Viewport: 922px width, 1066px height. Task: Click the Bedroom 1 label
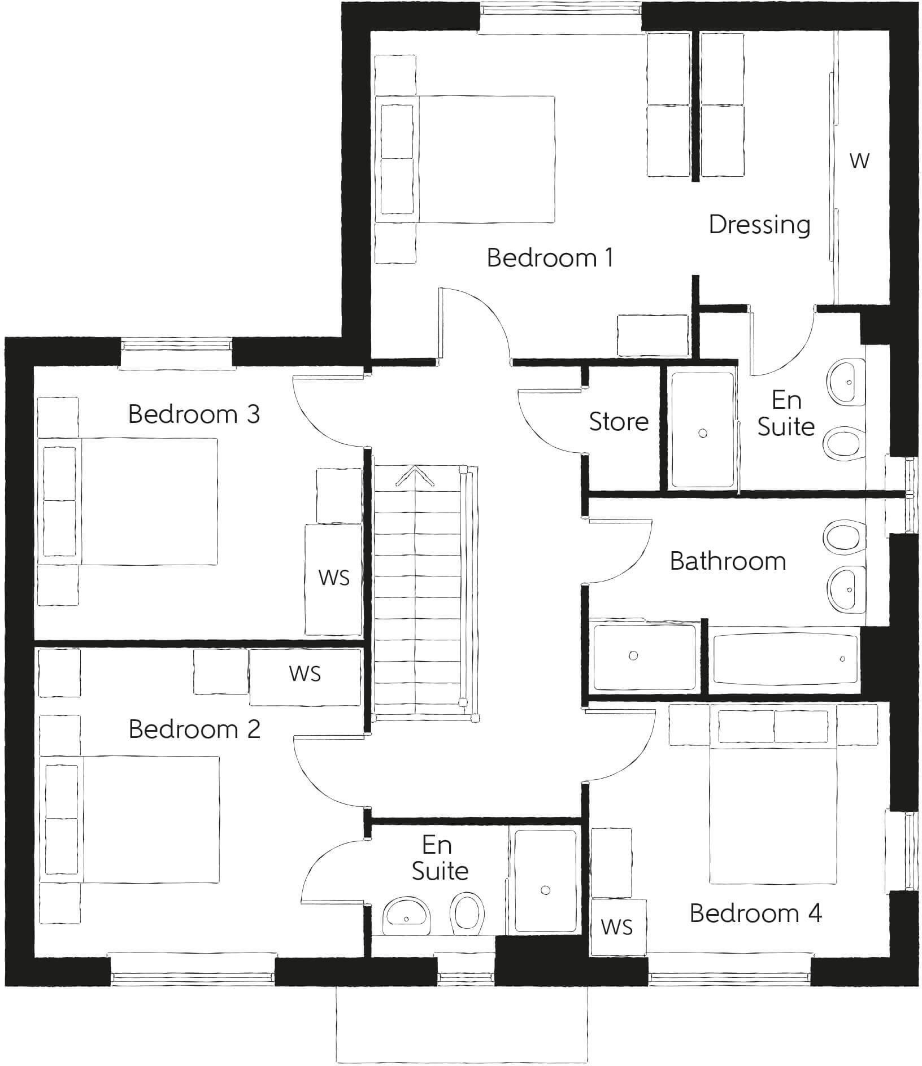549,258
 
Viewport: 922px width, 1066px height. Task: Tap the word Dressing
759,225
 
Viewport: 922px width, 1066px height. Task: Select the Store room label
619,422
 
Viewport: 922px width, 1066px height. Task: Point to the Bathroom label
728,561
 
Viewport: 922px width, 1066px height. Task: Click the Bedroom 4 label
755,913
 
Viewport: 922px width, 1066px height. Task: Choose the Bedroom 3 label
194,414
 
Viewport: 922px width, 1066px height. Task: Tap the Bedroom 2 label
194,729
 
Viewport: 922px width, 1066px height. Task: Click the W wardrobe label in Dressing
859,161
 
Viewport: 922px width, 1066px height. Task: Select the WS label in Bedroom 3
334,578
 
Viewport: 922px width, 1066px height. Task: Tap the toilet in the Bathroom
843,536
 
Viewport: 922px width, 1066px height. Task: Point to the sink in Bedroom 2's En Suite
406,916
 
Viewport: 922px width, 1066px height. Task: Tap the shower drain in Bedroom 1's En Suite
703,434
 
